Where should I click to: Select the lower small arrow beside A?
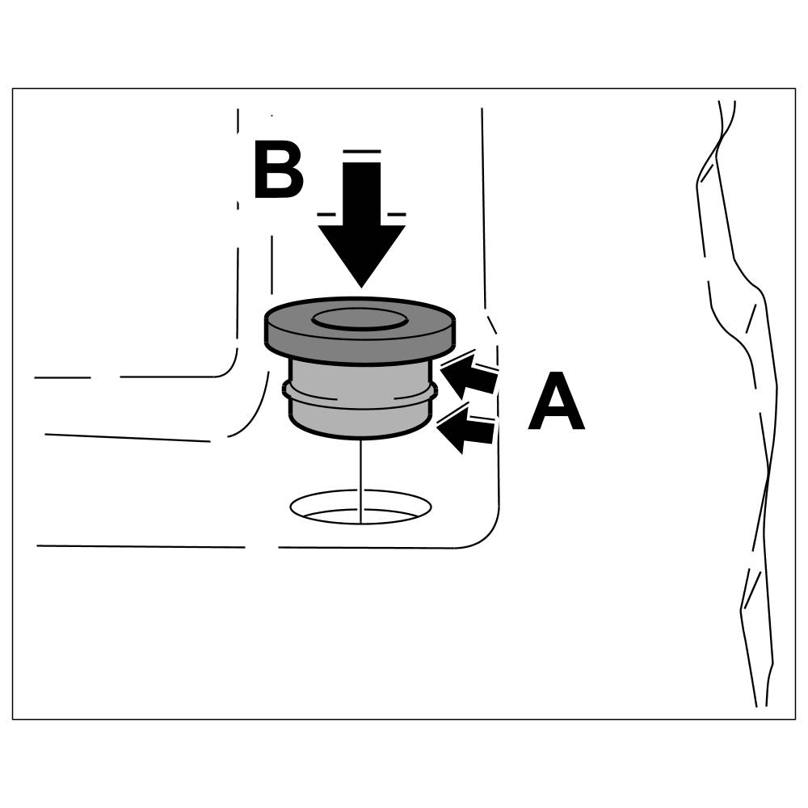(x=467, y=430)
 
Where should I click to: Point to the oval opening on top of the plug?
(x=360, y=317)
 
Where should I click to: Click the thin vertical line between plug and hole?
(x=359, y=469)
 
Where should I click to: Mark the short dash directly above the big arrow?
(x=361, y=151)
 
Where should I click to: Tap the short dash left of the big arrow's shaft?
(x=326, y=214)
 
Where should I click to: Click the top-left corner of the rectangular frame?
(x=12, y=88)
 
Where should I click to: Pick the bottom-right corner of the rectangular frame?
(x=796, y=719)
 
